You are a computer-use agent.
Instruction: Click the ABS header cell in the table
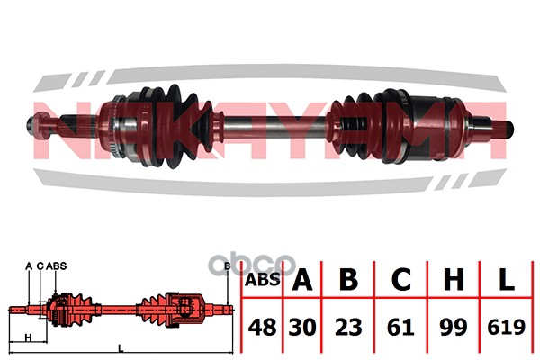tap(262, 279)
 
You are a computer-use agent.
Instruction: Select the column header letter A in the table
tap(302, 279)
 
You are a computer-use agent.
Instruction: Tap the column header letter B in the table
tap(348, 279)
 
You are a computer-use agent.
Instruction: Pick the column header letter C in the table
tap(400, 279)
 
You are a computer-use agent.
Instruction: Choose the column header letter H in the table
tap(454, 279)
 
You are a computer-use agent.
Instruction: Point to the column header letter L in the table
tap(506, 279)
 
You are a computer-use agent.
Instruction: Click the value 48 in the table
tap(262, 327)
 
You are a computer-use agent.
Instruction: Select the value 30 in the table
tap(302, 327)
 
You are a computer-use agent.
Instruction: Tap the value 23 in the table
tap(348, 327)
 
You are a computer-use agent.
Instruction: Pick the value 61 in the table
tap(400, 327)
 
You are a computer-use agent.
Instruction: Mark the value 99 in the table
tap(454, 327)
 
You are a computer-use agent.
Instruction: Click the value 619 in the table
tap(506, 327)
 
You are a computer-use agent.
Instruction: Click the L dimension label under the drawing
tap(121, 348)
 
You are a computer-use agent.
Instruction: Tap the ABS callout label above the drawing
tap(56, 265)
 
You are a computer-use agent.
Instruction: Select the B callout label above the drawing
tap(228, 265)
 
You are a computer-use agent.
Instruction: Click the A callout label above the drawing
tap(29, 265)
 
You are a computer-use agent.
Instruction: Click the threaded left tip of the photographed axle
tap(31, 124)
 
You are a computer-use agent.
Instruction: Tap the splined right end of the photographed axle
tap(505, 128)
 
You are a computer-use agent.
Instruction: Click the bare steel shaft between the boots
tap(275, 128)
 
